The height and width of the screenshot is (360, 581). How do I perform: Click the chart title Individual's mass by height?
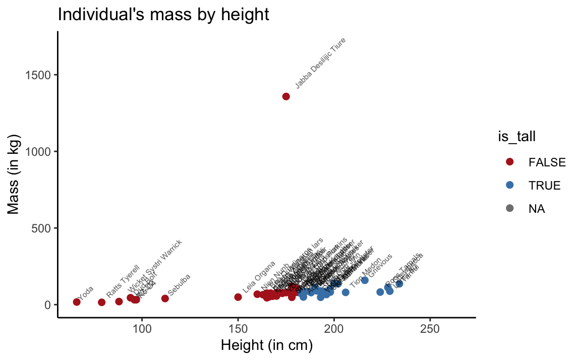coord(163,14)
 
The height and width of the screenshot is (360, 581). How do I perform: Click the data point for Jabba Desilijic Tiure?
coord(286,96)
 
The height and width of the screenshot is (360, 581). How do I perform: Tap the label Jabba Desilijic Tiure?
coord(320,63)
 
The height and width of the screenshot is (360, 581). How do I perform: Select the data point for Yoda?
coord(77,302)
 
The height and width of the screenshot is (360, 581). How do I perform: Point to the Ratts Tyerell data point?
coord(101,303)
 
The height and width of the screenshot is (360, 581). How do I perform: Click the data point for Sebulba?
coord(165,298)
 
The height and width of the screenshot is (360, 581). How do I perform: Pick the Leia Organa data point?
coord(238,297)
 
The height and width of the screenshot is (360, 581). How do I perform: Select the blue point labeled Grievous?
coord(365,280)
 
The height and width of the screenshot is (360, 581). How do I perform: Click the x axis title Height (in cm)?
coord(267,346)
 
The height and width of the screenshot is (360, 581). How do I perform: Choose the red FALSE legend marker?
coord(509,162)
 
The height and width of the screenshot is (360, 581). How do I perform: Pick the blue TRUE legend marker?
coord(509,185)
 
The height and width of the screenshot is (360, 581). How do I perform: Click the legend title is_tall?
coord(514,136)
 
